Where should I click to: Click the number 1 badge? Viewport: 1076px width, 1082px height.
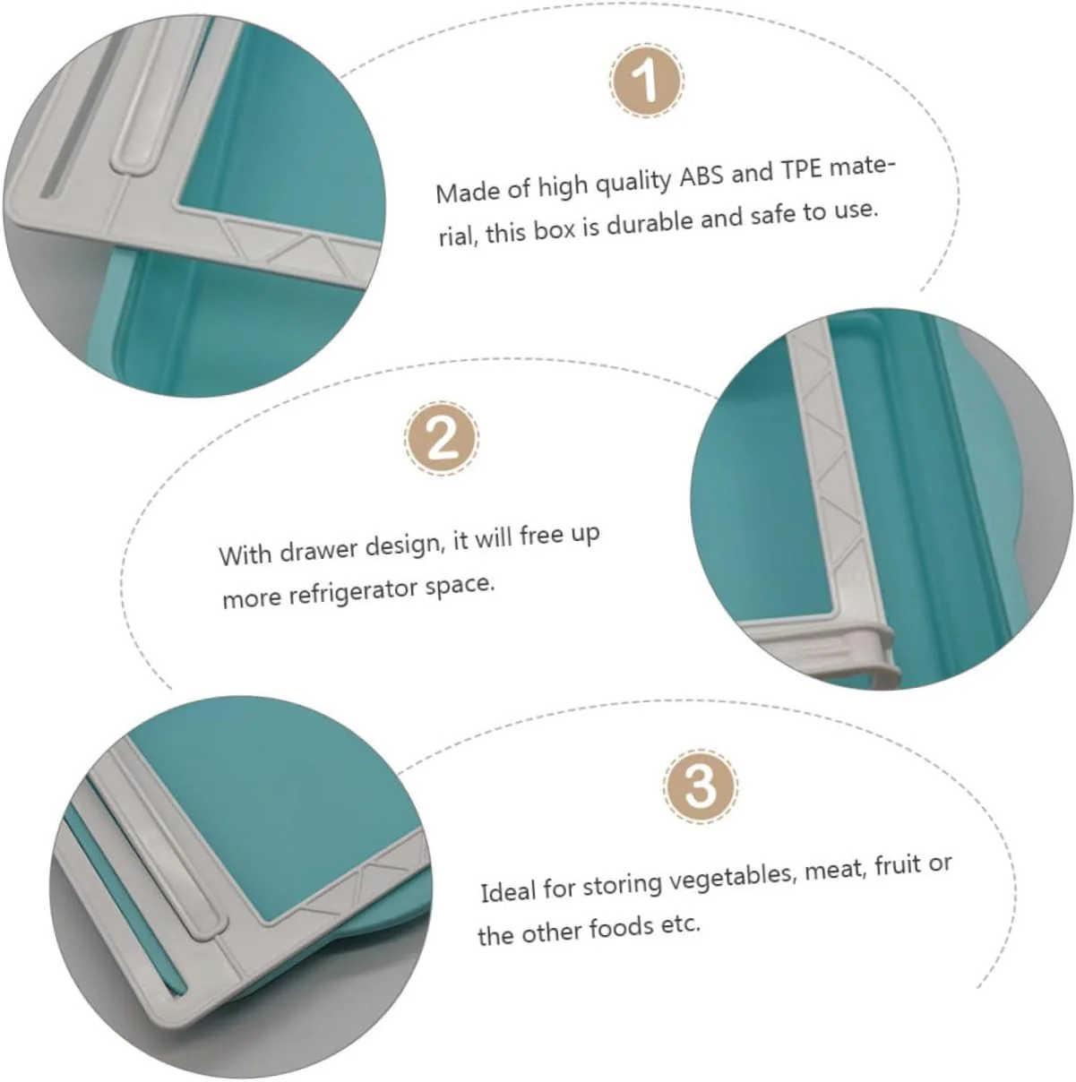click(x=647, y=80)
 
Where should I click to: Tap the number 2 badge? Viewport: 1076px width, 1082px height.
click(x=443, y=439)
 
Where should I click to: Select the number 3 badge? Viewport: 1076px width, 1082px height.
click(x=701, y=786)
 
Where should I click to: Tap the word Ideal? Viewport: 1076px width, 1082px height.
click(x=508, y=891)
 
